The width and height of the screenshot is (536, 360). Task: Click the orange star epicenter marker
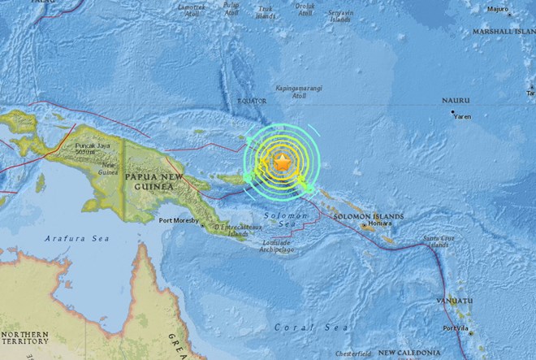(282, 163)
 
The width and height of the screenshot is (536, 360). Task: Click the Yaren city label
(461, 115)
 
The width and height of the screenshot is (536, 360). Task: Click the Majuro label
(497, 10)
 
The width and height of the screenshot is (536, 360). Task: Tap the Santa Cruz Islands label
(436, 242)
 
